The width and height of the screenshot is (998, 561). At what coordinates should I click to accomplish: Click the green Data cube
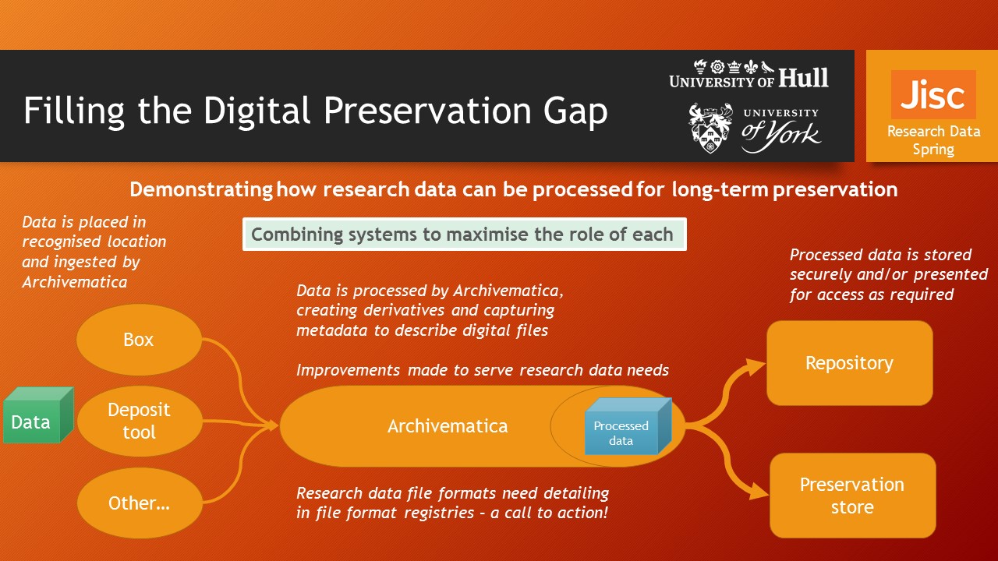point(38,415)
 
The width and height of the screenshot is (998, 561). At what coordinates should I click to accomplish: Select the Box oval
point(139,340)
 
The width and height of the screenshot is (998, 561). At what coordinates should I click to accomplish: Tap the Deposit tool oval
point(140,421)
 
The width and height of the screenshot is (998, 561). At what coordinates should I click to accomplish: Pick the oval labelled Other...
point(140,503)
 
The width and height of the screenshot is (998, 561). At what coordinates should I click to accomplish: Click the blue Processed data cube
point(628,426)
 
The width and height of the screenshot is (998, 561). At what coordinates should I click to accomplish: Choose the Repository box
point(850,363)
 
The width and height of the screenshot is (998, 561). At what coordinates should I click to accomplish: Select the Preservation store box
point(852,496)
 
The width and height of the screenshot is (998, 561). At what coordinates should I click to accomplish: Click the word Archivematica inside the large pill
point(448,426)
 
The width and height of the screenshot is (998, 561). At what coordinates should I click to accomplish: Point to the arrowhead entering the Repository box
point(756,367)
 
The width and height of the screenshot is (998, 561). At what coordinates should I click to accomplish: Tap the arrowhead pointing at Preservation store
point(759,491)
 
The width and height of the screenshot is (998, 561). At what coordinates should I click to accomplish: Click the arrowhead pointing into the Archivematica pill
point(271,425)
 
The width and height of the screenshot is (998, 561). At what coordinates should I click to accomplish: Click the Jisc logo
point(933,94)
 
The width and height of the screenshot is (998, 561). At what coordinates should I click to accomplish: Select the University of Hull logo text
point(749,74)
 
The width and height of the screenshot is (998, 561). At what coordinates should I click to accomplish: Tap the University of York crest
point(710,128)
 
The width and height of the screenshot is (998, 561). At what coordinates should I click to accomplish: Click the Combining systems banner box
point(464,235)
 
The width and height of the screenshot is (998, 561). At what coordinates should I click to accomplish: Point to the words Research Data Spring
point(933,140)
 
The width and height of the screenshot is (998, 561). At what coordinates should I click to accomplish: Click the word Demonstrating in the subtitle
point(201,189)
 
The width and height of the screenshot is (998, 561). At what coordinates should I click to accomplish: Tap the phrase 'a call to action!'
point(549,513)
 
